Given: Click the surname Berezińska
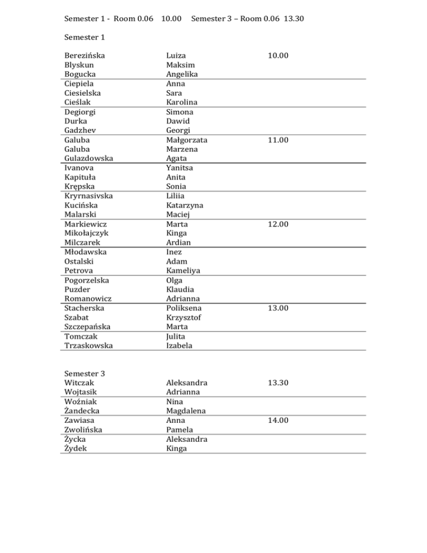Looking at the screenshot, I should [x=85, y=56].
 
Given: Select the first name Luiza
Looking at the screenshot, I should [x=176, y=56].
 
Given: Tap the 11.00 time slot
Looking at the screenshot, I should [x=277, y=141].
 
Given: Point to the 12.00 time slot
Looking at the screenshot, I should [x=277, y=224].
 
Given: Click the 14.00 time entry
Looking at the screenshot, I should [x=277, y=421].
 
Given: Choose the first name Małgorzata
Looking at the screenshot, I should [x=190, y=140].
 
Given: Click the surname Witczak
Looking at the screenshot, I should [x=80, y=383].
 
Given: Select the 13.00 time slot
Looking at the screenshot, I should [x=277, y=308].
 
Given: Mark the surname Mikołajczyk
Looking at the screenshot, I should [x=86, y=233].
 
